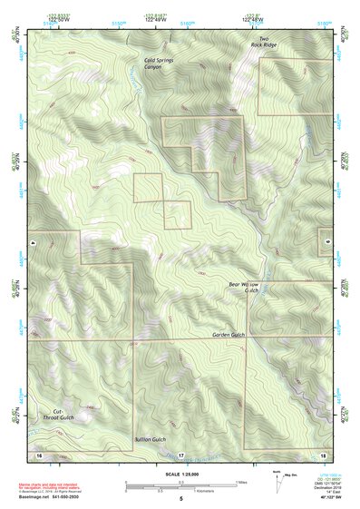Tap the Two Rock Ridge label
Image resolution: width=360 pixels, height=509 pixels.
(x=264, y=43)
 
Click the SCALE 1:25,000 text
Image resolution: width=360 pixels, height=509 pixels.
(x=180, y=473)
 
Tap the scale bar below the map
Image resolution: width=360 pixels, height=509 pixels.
(x=180, y=485)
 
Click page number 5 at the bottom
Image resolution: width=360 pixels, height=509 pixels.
(x=180, y=499)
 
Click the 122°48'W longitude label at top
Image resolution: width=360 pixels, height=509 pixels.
(x=253, y=17)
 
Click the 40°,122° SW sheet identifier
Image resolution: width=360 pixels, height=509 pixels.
(x=322, y=499)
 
